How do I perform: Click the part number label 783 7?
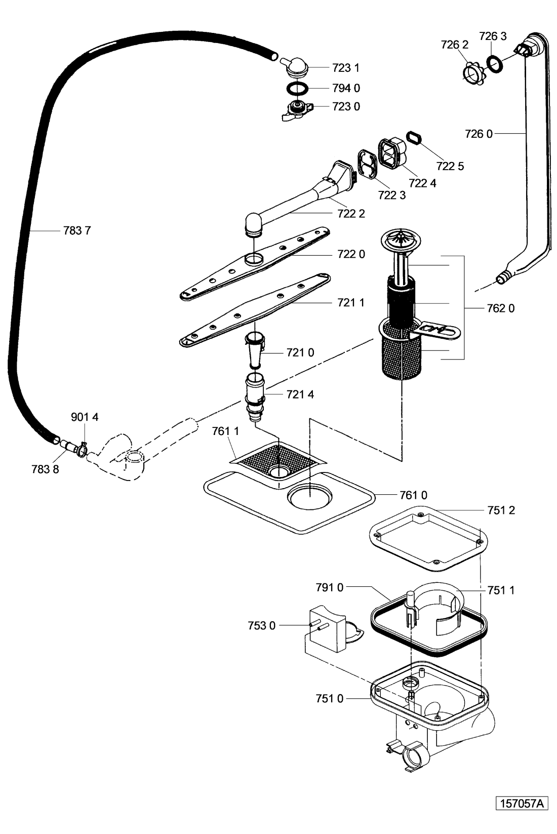[77, 231]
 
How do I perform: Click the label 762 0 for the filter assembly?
[500, 308]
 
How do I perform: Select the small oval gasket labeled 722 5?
[414, 137]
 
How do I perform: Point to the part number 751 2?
[501, 510]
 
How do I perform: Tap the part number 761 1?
[225, 431]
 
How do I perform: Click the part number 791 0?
[329, 587]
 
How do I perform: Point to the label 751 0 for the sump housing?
[329, 699]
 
